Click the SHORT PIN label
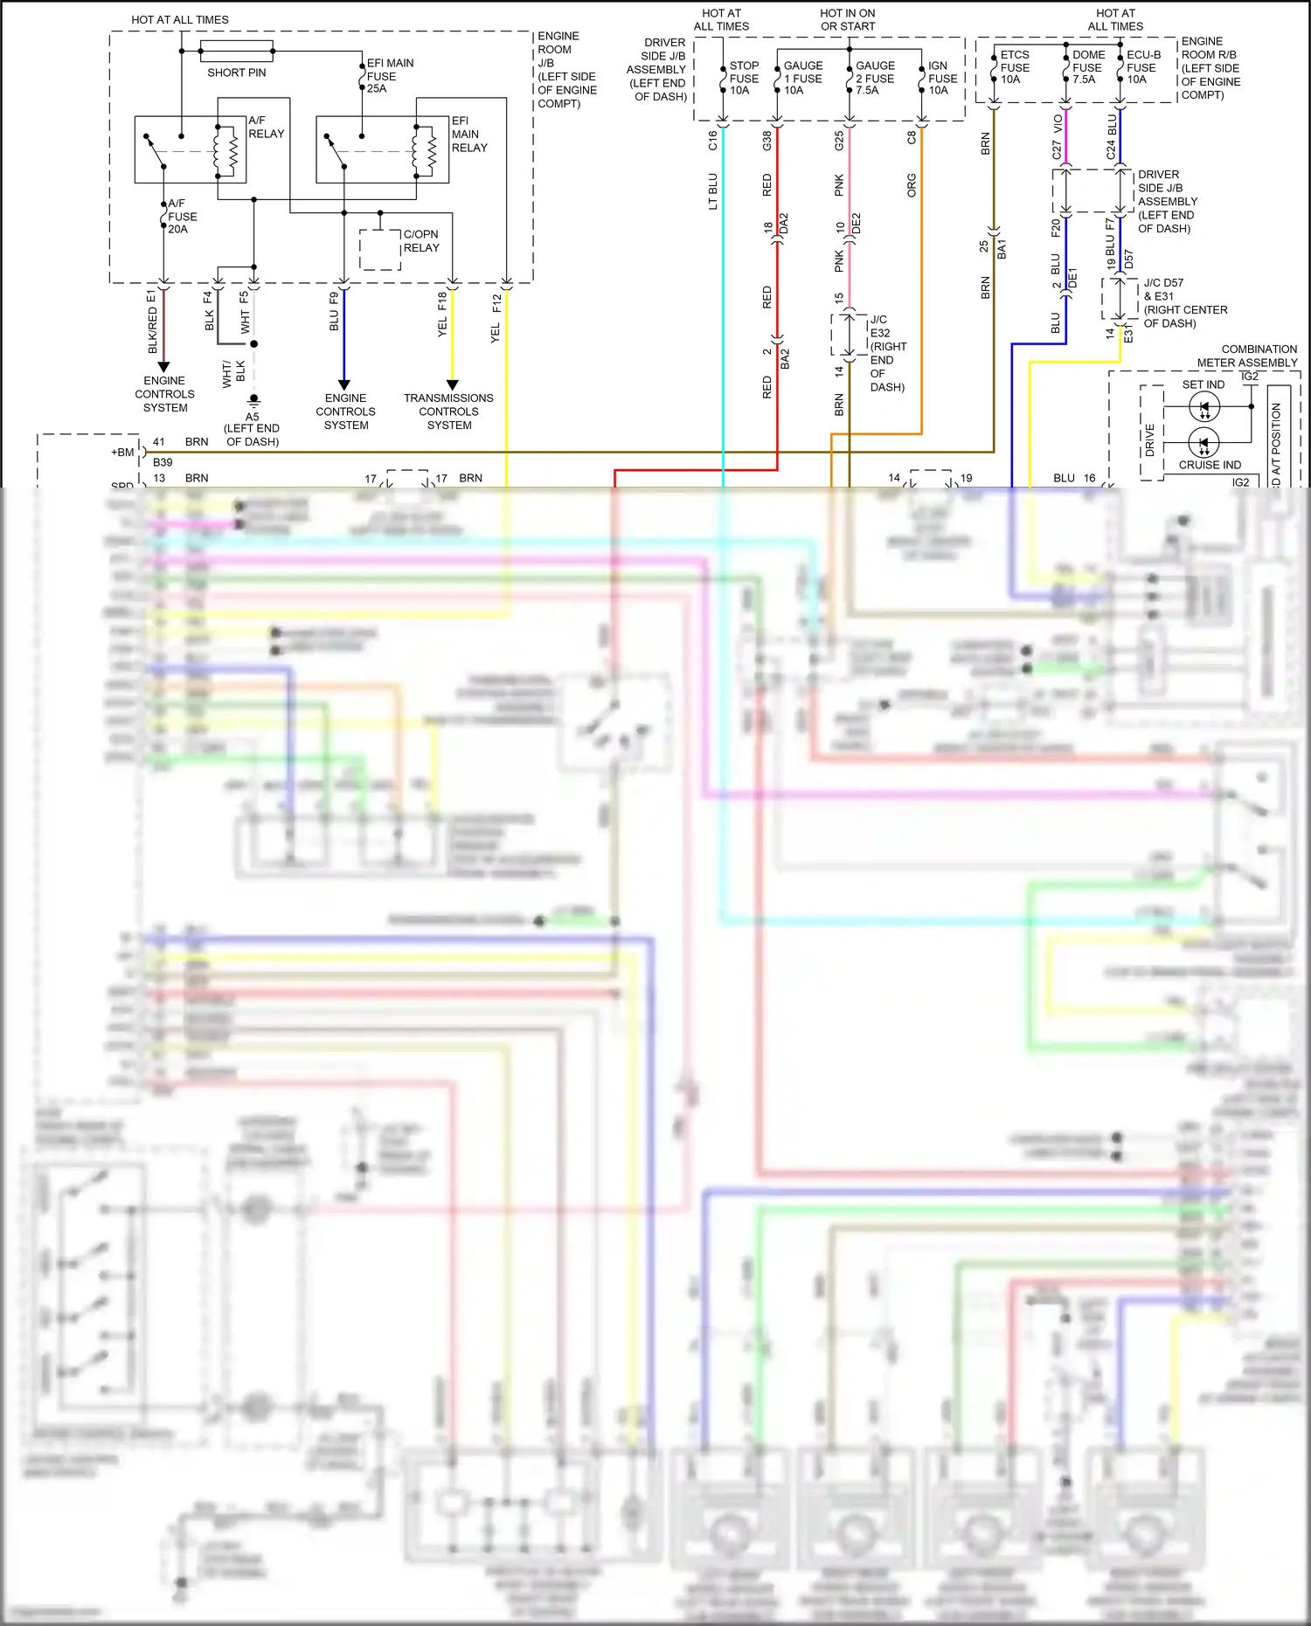[236, 73]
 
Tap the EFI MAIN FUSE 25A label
[389, 76]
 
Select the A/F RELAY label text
[266, 128]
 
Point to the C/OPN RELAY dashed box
[380, 250]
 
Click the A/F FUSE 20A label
[182, 217]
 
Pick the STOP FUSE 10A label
[744, 78]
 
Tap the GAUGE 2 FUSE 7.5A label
[875, 78]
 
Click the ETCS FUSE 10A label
[1014, 67]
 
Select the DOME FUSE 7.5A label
[1087, 67]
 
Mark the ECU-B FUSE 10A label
[1142, 67]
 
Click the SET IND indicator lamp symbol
[1204, 407]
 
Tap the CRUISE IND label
[1210, 465]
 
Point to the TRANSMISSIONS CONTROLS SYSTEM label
[448, 412]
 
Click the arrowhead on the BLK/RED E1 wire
[163, 367]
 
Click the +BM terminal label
[122, 453]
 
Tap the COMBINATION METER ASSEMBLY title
[1247, 356]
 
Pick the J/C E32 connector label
[879, 326]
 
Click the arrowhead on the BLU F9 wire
[344, 384]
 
